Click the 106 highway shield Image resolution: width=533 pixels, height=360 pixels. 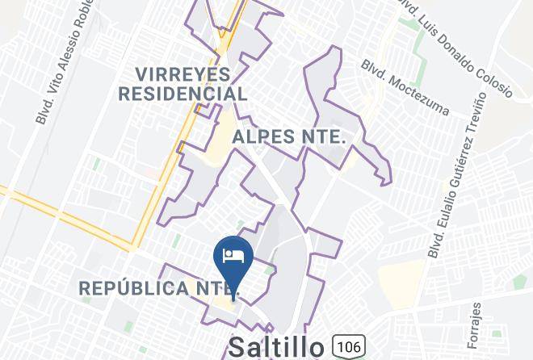[348, 345]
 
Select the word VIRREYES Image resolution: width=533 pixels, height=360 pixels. [183, 74]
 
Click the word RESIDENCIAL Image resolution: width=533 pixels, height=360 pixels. [183, 94]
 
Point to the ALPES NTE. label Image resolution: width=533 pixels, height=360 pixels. [288, 137]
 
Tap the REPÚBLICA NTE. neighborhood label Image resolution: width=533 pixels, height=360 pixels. [158, 287]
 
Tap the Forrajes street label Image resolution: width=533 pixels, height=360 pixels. [476, 322]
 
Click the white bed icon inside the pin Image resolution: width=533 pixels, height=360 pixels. [233, 256]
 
